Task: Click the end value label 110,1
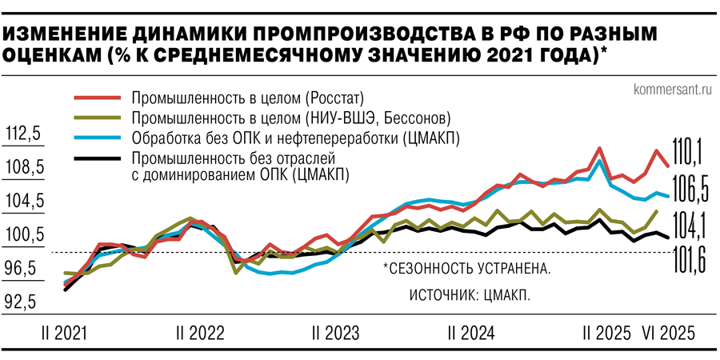click(x=687, y=150)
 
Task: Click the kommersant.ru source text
click(x=671, y=89)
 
